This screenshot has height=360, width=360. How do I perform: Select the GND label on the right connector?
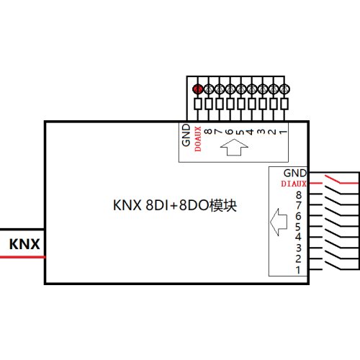coord(294,174)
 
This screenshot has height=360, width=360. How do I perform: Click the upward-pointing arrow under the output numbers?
coord(234,149)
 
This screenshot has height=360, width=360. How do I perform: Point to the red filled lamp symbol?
coord(197,89)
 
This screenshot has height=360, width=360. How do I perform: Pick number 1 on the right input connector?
coord(297,270)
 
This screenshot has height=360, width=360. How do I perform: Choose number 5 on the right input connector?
coord(297,227)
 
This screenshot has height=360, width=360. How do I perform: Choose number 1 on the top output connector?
coord(284,132)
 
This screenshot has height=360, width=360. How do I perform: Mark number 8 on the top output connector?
coord(208,132)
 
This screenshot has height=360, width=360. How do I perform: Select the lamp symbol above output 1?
coord(284,89)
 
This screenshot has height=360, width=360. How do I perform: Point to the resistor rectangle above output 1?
coord(284,106)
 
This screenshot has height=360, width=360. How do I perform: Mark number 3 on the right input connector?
coord(297,248)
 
